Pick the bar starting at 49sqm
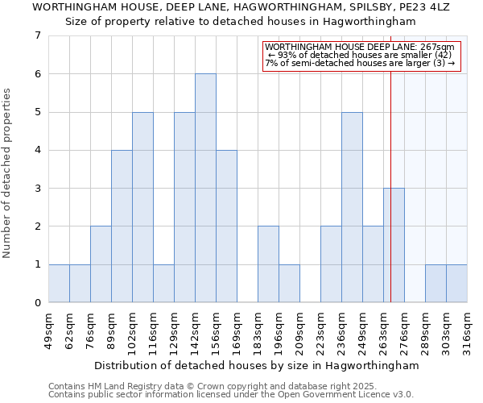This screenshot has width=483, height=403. pos(59,284)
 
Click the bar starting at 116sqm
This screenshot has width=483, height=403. pos(163,284)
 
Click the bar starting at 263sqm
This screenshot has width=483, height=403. pos(394,245)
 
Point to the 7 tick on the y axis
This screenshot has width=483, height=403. pos(37,35)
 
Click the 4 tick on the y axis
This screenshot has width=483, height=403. pos(37,150)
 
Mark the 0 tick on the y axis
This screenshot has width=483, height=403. pos(37,303)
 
